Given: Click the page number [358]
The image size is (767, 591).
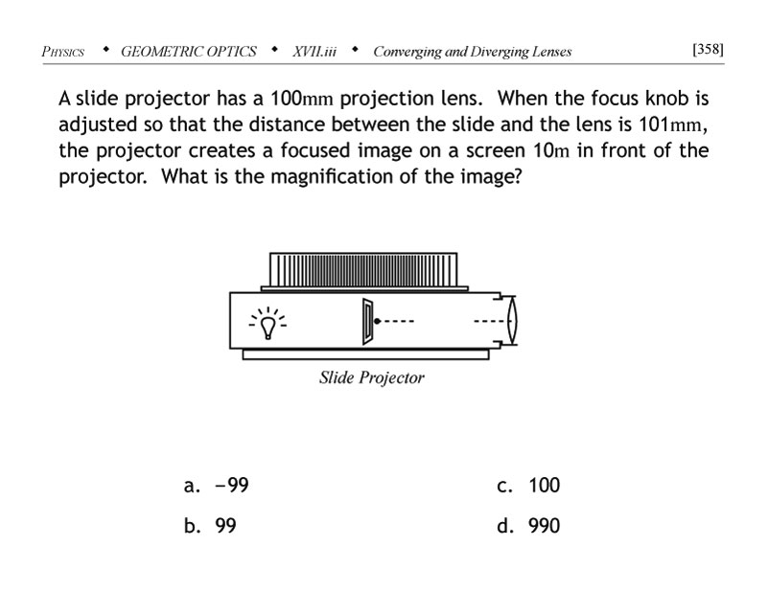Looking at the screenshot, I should (x=708, y=49).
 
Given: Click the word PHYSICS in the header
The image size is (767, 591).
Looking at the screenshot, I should (x=63, y=52).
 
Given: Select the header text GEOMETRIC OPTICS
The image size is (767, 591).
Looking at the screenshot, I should (x=189, y=52).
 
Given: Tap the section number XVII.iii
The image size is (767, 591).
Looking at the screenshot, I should (x=314, y=52).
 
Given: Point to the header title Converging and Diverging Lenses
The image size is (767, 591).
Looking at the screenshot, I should (x=472, y=52).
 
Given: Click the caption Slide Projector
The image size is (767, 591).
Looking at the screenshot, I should (x=371, y=378).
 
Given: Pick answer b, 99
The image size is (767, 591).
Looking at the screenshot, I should (x=211, y=526).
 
